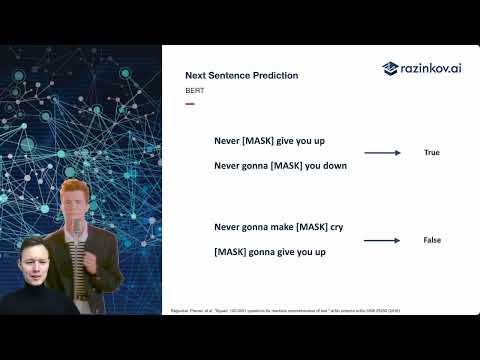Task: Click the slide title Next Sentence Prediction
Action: pos(241,76)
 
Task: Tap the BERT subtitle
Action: pos(194,90)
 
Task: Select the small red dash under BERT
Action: pos(189,104)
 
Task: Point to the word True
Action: pos(432,153)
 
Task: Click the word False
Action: pos(432,240)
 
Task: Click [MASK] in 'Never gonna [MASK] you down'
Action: pos(291,166)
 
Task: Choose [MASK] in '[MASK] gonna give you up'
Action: pos(233,252)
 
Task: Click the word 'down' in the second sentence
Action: pos(334,166)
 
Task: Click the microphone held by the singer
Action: pos(72,235)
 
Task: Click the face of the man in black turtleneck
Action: pos(32,263)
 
